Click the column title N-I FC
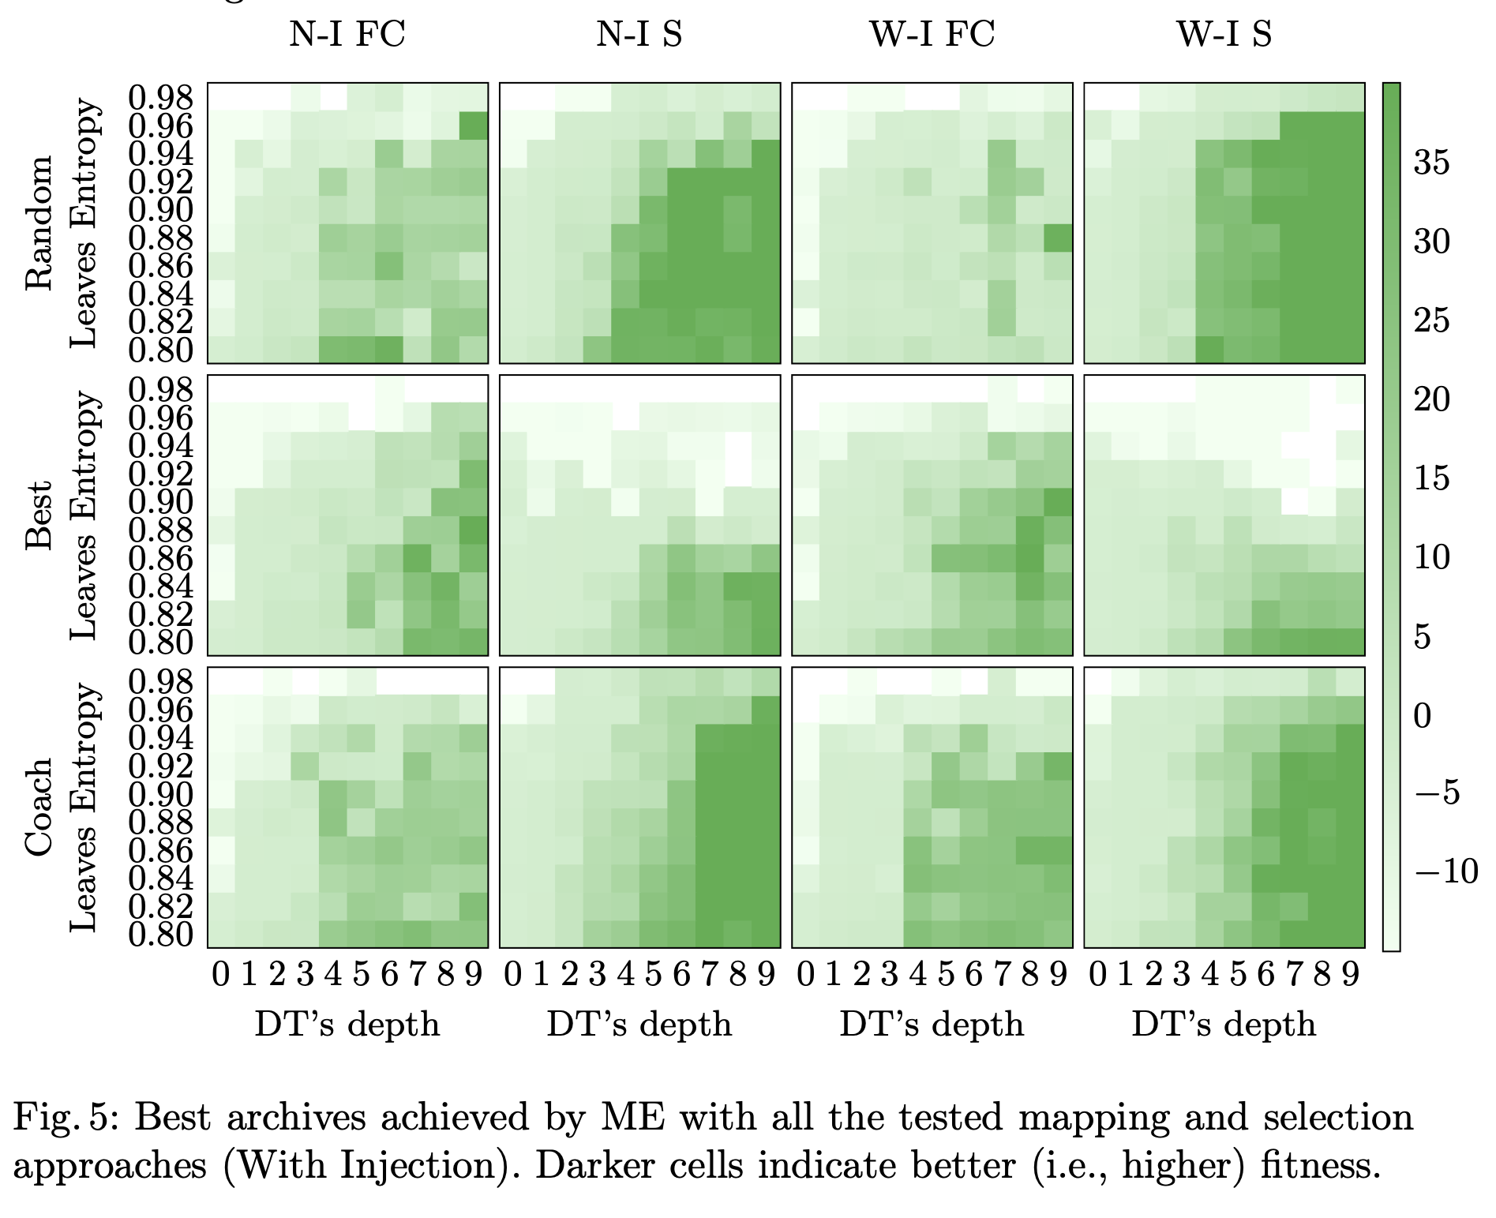coord(347,35)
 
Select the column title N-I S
coord(639,35)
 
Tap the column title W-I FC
coord(932,35)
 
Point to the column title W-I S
coord(1224,35)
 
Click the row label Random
coord(39,223)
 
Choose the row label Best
coord(39,515)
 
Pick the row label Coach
coord(39,807)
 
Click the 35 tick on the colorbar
coord(1431,163)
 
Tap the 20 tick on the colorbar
coord(1431,400)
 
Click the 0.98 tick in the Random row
coord(161,98)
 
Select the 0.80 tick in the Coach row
coord(161,935)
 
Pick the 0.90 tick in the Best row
coord(161,502)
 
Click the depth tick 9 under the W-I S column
coord(1351,976)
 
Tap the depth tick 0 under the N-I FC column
coord(221,976)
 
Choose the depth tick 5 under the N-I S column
coord(654,976)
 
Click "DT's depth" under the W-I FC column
coord(932,1025)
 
